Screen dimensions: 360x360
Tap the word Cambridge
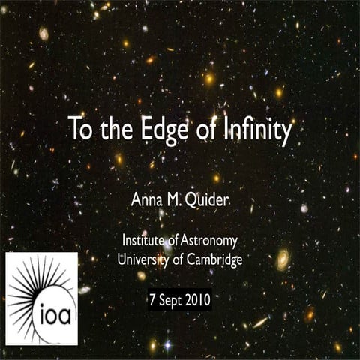click(x=214, y=259)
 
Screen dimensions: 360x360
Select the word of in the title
click(x=203, y=130)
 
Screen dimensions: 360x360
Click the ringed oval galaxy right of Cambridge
click(x=282, y=259)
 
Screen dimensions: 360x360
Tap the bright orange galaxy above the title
click(x=209, y=78)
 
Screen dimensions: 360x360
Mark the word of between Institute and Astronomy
click(x=177, y=241)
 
